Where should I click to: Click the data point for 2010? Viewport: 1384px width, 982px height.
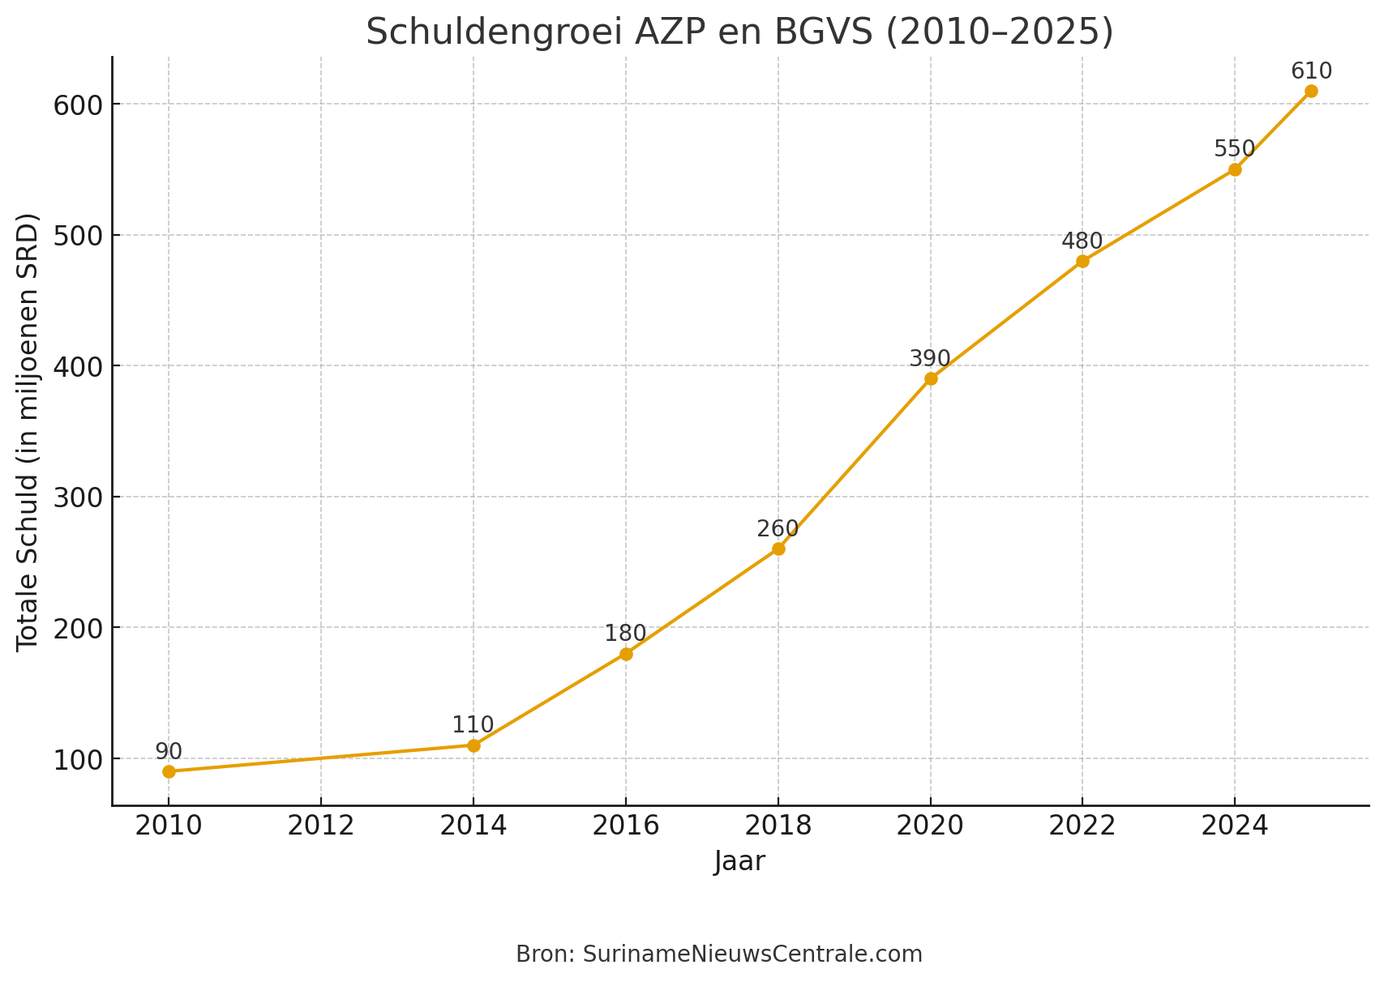pos(169,771)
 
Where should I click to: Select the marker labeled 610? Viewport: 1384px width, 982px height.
pos(1311,91)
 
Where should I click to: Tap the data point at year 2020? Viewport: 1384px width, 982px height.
pos(931,378)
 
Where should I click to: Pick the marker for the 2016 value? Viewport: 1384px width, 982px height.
pos(626,654)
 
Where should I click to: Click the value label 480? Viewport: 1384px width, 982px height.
pos(1082,241)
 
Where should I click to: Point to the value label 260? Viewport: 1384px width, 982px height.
pos(778,529)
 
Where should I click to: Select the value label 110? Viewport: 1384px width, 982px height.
pos(473,725)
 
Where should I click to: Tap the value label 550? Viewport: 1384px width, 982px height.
pos(1234,149)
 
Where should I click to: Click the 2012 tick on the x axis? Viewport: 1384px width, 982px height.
pos(321,826)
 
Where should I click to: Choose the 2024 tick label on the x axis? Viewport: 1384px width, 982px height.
pos(1234,826)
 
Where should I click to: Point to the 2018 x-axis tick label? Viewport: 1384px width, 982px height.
pos(778,826)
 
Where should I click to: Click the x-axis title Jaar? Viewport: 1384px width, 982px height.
pos(739,861)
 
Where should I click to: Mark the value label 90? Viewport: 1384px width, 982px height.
pos(169,752)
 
